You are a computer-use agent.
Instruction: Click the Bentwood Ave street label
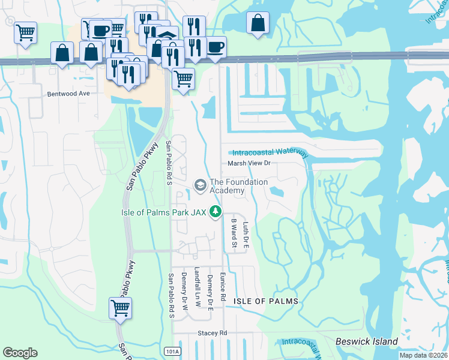[68, 94]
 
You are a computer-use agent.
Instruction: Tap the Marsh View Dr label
[250, 163]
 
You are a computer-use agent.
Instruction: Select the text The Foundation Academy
[238, 186]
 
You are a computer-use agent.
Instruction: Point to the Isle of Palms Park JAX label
[162, 212]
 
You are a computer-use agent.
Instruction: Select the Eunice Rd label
[222, 284]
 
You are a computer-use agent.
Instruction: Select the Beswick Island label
[368, 341]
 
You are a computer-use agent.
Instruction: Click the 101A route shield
[171, 350]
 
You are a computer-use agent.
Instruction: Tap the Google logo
[20, 353]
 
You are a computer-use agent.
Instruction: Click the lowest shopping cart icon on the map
[120, 308]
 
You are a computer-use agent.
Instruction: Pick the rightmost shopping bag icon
[258, 23]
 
